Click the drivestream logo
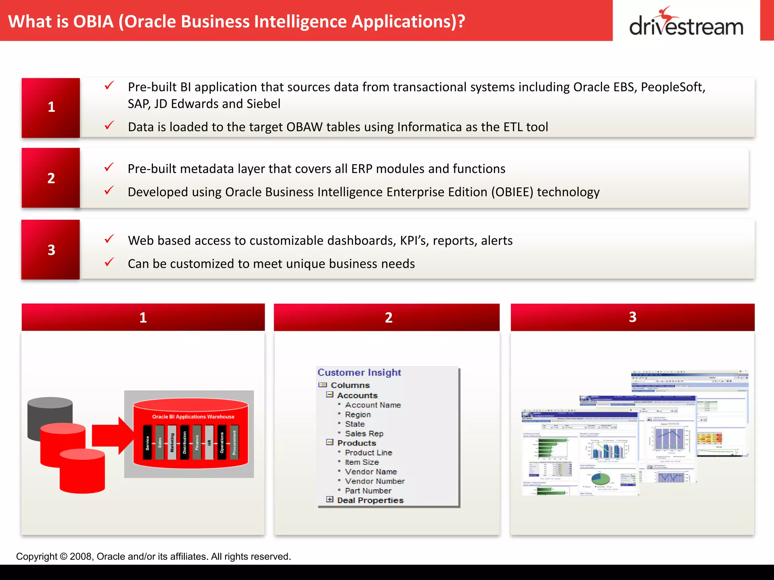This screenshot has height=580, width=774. pyautogui.click(x=686, y=23)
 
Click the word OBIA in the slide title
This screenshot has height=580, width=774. pyautogui.click(x=93, y=22)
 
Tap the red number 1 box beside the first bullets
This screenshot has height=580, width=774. pyautogui.click(x=51, y=108)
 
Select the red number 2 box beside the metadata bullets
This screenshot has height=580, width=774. pyautogui.click(x=51, y=178)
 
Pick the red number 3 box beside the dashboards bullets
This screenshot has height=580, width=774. pyautogui.click(x=51, y=250)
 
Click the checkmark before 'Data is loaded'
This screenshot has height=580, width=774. pyautogui.click(x=109, y=125)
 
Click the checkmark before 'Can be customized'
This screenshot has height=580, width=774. pyautogui.click(x=109, y=262)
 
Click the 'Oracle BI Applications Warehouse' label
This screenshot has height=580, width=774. pyautogui.click(x=193, y=417)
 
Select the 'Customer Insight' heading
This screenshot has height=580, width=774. pyautogui.click(x=359, y=373)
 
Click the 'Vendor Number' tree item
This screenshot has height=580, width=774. pyautogui.click(x=375, y=481)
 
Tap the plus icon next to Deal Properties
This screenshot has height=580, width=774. pyautogui.click(x=330, y=500)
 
